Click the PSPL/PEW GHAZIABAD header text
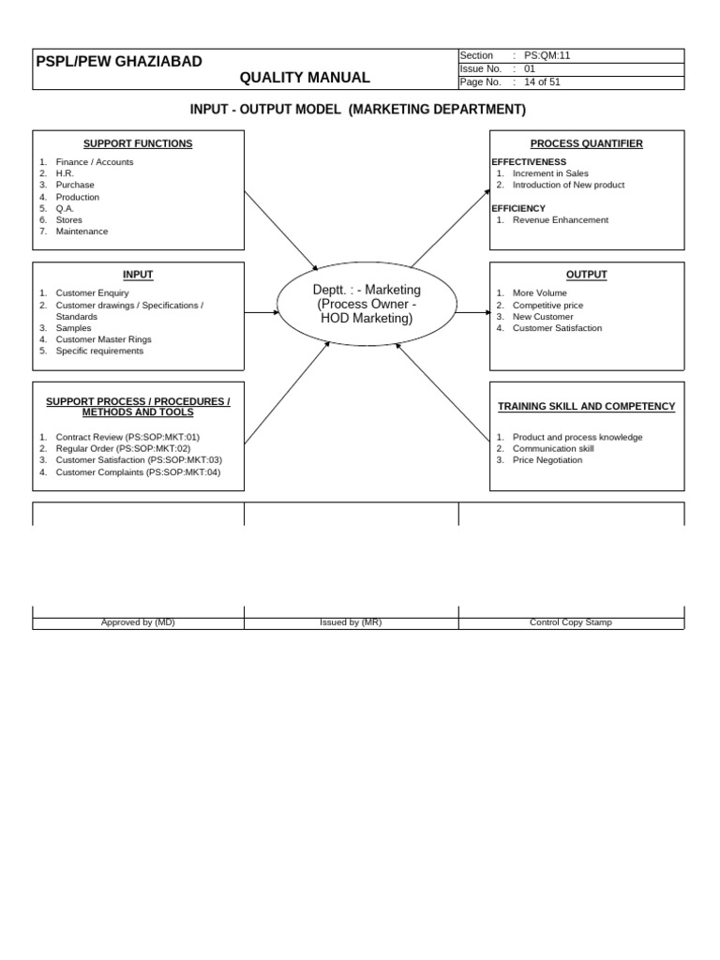(x=118, y=62)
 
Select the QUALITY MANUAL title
(x=305, y=78)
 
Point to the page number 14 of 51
(x=543, y=82)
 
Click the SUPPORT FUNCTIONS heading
(x=138, y=143)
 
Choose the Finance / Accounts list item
(x=94, y=162)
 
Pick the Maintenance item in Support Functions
(x=82, y=232)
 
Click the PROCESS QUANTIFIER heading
(x=587, y=143)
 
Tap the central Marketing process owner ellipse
(x=367, y=305)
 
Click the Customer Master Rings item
(x=103, y=339)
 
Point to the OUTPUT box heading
(x=587, y=275)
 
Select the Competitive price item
(x=547, y=306)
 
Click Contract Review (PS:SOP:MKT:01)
(x=127, y=438)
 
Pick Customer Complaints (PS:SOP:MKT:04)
(x=138, y=472)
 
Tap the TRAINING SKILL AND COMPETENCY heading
(x=586, y=407)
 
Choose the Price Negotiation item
(x=547, y=460)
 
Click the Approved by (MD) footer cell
(x=138, y=622)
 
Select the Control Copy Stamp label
(x=570, y=622)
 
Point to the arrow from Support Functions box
(x=281, y=231)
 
